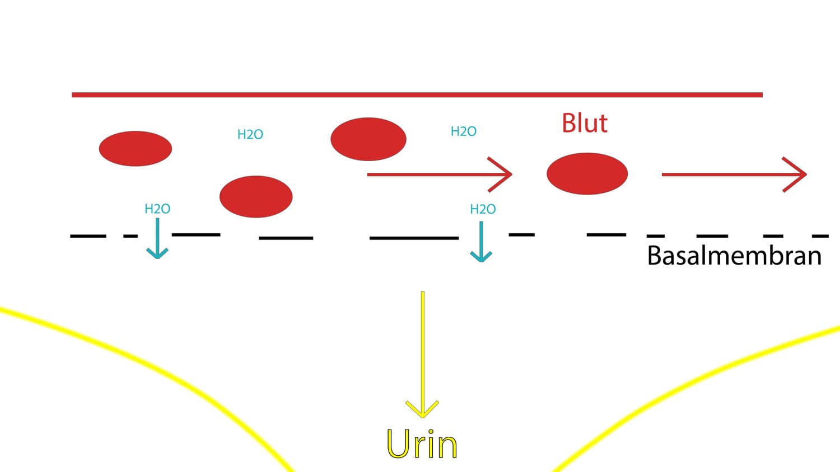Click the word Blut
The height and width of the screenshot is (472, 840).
pos(585,123)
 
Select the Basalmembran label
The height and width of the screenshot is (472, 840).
pos(734,256)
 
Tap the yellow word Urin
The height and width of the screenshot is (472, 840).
pos(422,444)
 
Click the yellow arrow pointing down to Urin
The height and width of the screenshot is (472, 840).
pos(423,355)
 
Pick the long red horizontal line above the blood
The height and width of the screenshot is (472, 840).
pos(417,95)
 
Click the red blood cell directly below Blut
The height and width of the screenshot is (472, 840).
pos(587,173)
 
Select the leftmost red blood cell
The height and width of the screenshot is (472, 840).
pos(136,148)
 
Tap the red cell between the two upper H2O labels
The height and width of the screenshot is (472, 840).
pos(368,139)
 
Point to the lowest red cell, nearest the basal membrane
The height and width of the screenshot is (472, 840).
pos(256,197)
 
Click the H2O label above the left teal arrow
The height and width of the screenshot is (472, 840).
pos(157,209)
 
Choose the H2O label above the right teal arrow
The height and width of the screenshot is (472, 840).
pos(483,209)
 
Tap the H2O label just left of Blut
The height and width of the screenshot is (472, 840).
pos(464,131)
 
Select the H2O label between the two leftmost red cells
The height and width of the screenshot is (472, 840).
pos(250,134)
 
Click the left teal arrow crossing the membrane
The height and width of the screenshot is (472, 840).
pos(157,238)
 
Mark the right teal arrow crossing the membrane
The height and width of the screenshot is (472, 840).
pos(481,242)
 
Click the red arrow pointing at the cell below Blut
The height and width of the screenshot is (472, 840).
pos(440,174)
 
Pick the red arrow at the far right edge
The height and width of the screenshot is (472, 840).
pos(734,174)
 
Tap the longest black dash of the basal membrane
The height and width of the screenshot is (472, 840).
pos(414,238)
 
